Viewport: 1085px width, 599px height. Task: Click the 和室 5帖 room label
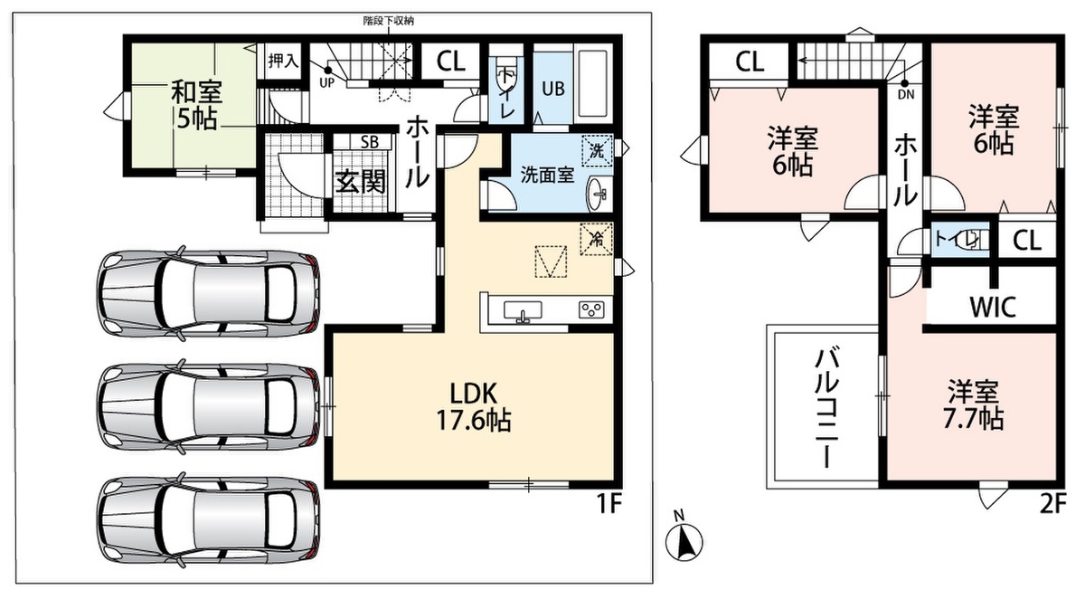coord(196,105)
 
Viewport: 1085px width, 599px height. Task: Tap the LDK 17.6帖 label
coord(474,407)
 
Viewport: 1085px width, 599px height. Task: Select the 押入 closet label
coord(283,61)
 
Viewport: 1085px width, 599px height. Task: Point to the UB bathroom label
coord(553,89)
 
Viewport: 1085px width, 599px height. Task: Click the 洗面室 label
coord(547,176)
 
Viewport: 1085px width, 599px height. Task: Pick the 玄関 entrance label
coord(361,182)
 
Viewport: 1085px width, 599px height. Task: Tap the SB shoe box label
coord(370,142)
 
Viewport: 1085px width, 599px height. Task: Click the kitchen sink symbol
coord(523,311)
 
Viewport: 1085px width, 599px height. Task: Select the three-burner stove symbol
coord(591,309)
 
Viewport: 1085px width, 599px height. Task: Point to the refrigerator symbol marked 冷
coord(596,239)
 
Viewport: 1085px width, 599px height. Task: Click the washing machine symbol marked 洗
coord(597,150)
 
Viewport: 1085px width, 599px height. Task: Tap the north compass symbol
coord(684,540)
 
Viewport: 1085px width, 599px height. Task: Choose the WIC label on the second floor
coord(993,306)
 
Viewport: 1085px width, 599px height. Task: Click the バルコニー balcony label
coord(826,407)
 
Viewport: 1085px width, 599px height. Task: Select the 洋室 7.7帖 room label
coord(973,405)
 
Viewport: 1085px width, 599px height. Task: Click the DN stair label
coord(906,95)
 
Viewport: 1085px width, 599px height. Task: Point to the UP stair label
coord(327,83)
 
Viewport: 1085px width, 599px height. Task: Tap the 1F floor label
coord(609,504)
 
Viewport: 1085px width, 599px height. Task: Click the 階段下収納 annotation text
coord(389,21)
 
